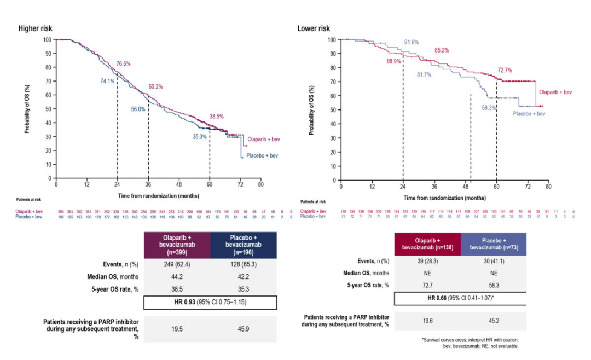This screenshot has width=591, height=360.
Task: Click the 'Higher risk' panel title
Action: click(36, 28)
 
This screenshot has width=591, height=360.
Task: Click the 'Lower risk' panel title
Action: click(314, 28)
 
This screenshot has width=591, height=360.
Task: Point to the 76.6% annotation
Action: click(123, 64)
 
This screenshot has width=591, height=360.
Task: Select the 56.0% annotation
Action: click(138, 109)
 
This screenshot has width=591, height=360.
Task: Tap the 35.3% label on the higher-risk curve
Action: click(199, 137)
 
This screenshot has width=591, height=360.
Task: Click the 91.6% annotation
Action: click(412, 42)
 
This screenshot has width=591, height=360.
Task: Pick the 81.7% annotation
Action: click(424, 74)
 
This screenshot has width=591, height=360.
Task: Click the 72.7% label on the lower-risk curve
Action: click(505, 71)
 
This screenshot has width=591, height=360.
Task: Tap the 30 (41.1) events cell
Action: click(494, 262)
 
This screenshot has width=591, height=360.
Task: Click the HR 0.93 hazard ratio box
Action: click(210, 303)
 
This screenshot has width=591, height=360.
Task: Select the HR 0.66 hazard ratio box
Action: click(460, 298)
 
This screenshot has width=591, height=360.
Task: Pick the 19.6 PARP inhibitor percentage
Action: click(427, 322)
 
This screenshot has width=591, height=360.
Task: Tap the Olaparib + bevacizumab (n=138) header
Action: click(427, 245)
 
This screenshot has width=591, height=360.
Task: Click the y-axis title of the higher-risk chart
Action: click(27, 109)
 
